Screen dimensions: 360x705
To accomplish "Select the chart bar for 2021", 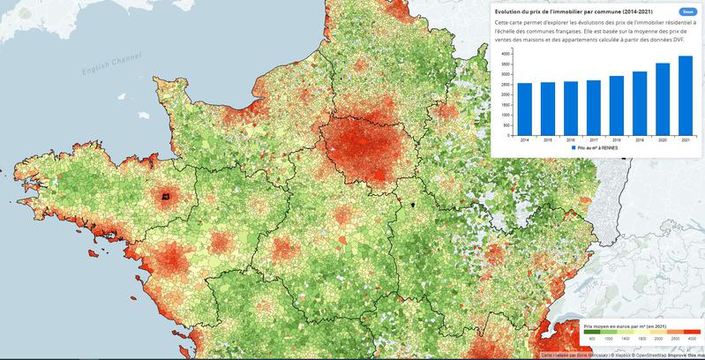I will pyautogui.click(x=685, y=96).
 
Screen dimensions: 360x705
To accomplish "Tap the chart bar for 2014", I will pyautogui.click(x=524, y=110).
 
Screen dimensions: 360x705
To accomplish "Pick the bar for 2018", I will pyautogui.click(x=616, y=106).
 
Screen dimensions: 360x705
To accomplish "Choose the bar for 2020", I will pyautogui.click(x=662, y=100).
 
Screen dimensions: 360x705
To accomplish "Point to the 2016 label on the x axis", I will pyautogui.click(x=570, y=140).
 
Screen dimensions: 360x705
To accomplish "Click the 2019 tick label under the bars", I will pyautogui.click(x=639, y=140).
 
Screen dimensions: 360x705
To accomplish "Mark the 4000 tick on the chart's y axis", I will pyautogui.click(x=504, y=54).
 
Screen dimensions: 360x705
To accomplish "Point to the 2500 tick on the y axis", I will pyautogui.click(x=504, y=85).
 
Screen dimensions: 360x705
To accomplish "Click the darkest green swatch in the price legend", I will pyautogui.click(x=594, y=332).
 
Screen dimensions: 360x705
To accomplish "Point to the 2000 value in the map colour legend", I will pyautogui.click(x=662, y=339).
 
